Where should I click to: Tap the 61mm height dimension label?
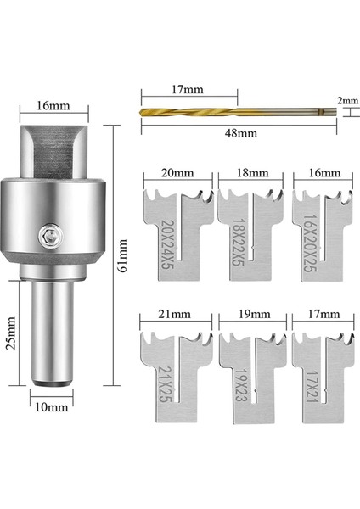point(123,255)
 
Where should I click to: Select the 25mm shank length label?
point(11,333)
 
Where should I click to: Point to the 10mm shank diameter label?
point(52,407)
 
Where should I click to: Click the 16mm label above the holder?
point(53,106)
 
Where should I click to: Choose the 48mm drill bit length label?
point(241,133)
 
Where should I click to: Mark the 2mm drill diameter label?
point(348,101)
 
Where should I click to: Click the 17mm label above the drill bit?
point(188,89)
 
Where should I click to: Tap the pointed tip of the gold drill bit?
point(140,112)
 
